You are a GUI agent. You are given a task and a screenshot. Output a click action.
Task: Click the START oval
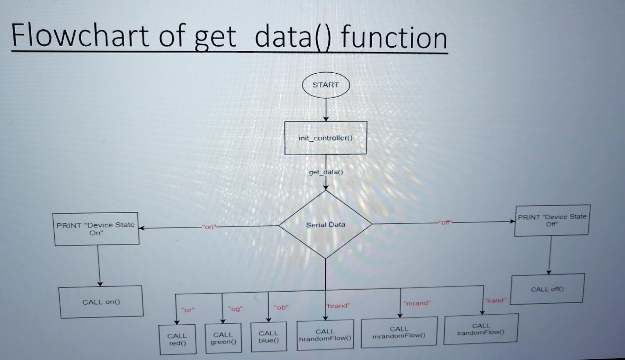click(x=326, y=85)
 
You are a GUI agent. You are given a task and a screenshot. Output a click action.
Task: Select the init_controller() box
click(x=326, y=138)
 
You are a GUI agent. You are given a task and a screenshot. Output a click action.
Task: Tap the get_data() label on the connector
click(x=326, y=172)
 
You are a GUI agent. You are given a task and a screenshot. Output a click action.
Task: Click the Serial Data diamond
click(x=325, y=224)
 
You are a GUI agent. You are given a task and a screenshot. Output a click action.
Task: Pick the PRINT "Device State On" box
click(x=96, y=229)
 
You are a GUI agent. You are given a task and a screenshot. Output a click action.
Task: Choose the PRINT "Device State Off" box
click(x=552, y=220)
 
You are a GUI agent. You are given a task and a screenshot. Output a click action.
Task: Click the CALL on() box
click(x=101, y=302)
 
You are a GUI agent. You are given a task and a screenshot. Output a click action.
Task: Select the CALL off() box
click(x=547, y=289)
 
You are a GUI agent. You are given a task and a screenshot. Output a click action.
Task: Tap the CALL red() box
click(x=177, y=339)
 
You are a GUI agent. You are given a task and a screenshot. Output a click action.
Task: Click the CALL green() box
click(x=223, y=338)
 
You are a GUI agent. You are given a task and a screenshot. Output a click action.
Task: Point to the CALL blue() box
click(x=269, y=337)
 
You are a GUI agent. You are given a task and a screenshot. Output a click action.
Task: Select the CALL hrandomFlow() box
click(x=325, y=335)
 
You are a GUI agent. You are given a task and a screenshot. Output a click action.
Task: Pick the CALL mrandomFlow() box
click(x=399, y=332)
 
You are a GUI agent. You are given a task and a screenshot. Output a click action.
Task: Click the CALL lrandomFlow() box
click(x=481, y=329)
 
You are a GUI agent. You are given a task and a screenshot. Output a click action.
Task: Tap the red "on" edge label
click(x=209, y=227)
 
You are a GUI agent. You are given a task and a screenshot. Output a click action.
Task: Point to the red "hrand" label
click(x=338, y=306)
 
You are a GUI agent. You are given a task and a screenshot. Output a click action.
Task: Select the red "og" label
click(x=235, y=309)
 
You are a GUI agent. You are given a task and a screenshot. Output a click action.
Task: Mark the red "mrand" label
click(x=417, y=303)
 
